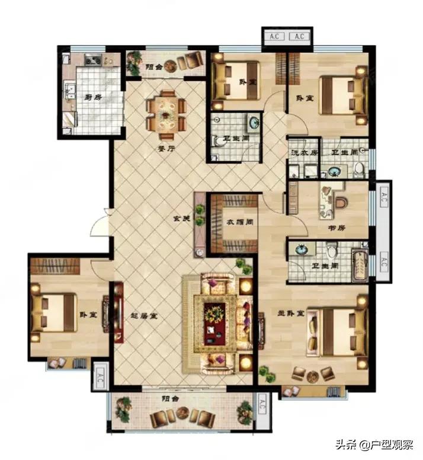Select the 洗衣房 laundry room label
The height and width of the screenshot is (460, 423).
(304, 152)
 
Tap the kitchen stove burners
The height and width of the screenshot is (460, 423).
(93, 59)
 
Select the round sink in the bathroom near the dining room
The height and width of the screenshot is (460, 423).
(254, 123)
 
